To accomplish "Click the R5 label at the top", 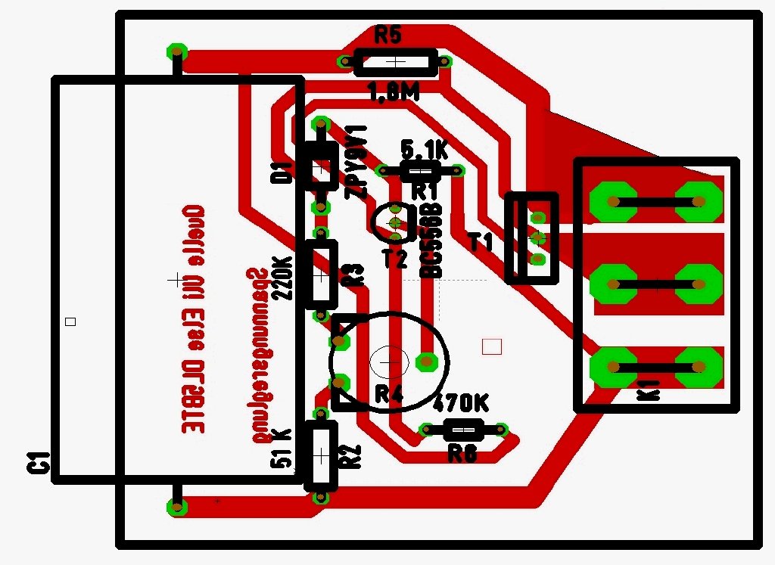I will tap(388, 35).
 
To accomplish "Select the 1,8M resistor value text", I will tap(394, 93).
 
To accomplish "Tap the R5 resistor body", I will tap(396, 63).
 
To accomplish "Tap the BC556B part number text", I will tap(431, 240).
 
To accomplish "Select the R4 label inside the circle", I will tap(389, 394).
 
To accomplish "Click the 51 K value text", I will tap(281, 447).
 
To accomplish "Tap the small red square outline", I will tap(492, 346).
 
